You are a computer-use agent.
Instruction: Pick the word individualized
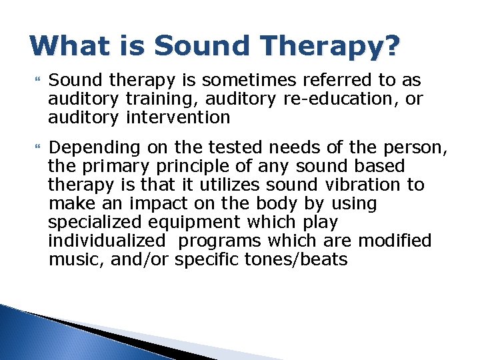107,240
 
